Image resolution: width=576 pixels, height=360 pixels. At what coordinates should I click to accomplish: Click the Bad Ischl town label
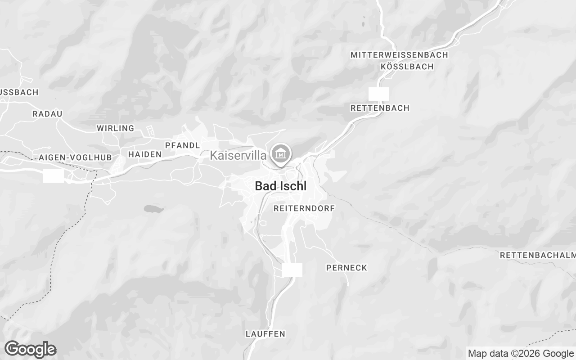pyautogui.click(x=281, y=186)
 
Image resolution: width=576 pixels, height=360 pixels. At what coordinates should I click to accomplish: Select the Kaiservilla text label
pyautogui.click(x=238, y=156)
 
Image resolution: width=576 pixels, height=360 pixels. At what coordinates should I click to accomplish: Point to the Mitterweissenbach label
pyautogui.click(x=399, y=55)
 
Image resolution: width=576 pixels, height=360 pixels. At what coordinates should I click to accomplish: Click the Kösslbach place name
pyautogui.click(x=407, y=67)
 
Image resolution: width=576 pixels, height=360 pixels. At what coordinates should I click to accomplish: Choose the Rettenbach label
pyautogui.click(x=380, y=108)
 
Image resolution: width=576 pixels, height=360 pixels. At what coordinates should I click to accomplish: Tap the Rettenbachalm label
pyautogui.click(x=538, y=256)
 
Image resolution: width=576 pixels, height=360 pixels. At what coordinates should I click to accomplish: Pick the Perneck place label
pyautogui.click(x=346, y=268)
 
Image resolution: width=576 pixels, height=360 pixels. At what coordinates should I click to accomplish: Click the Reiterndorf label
pyautogui.click(x=304, y=208)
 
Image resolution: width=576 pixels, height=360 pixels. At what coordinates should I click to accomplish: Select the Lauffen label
pyautogui.click(x=265, y=334)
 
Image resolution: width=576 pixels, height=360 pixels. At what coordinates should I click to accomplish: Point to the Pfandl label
pyautogui.click(x=182, y=145)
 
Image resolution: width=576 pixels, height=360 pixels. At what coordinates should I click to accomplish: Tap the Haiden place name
pyautogui.click(x=145, y=154)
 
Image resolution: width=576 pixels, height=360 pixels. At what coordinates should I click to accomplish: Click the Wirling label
pyautogui.click(x=116, y=128)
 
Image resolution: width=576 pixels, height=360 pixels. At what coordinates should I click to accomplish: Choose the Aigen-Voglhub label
pyautogui.click(x=75, y=157)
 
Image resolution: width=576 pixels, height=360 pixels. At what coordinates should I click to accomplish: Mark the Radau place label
pyautogui.click(x=47, y=114)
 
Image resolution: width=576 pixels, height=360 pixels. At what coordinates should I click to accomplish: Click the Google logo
pyautogui.click(x=30, y=349)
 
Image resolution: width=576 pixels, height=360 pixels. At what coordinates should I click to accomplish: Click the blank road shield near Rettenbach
pyautogui.click(x=379, y=94)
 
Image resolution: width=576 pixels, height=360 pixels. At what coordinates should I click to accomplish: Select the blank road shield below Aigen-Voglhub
pyautogui.click(x=54, y=176)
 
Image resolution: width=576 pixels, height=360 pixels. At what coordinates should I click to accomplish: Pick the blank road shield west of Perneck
pyautogui.click(x=292, y=270)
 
